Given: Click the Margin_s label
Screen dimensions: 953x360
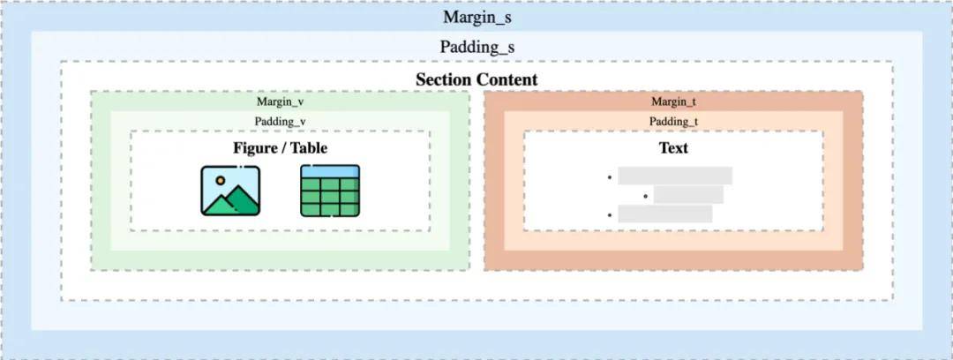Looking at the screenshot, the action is [477, 17].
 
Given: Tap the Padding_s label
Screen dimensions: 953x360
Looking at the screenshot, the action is [477, 47].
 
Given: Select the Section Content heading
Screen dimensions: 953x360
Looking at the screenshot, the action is [476, 79].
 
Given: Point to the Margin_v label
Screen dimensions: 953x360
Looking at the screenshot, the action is [280, 101].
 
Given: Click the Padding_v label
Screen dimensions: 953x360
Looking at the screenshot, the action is [281, 121].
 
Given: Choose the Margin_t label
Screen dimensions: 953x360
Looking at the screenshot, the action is [673, 101].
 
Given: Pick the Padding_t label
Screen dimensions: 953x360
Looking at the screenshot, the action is [673, 121].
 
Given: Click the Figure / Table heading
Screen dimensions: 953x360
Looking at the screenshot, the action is [281, 147].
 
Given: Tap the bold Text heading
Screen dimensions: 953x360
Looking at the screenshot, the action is [673, 147].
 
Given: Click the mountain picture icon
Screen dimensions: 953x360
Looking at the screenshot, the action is [230, 191].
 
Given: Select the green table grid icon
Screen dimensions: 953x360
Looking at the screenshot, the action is [330, 191].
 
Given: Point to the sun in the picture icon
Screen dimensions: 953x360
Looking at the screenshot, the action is [220, 181].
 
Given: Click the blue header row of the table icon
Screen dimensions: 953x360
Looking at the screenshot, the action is [330, 171].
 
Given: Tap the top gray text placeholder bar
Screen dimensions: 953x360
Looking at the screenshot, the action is [675, 176].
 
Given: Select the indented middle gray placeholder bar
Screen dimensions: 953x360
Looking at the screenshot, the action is [688, 195].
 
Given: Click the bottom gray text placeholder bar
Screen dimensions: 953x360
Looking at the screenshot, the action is [665, 214].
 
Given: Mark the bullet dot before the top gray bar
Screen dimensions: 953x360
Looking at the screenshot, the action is [608, 177].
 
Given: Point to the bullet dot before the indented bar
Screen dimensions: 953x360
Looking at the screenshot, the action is [645, 196].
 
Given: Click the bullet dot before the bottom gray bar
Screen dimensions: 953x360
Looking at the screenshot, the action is [608, 214].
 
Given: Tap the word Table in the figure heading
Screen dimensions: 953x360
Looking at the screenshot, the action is [309, 147].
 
